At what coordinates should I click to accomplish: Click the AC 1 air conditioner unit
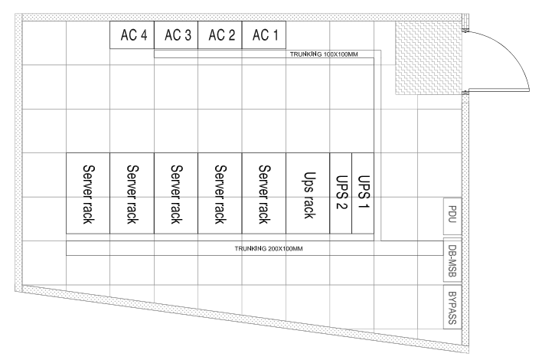[x=264, y=35]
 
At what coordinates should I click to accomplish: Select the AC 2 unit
[x=220, y=35]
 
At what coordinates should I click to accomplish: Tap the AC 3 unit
[x=176, y=35]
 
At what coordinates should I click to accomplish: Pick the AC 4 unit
[x=132, y=35]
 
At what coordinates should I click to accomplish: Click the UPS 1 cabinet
[x=363, y=193]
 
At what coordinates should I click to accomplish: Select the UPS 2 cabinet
[x=341, y=193]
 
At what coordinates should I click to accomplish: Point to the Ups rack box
[x=308, y=193]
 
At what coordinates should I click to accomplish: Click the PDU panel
[x=452, y=217]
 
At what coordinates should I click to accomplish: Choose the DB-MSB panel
[x=452, y=260]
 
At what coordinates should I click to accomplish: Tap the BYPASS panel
[x=452, y=307]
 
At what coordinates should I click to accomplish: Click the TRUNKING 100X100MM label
[x=324, y=54]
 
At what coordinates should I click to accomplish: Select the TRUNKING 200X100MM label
[x=269, y=249]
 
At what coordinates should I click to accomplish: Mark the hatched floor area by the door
[x=429, y=57]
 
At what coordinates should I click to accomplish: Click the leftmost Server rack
[x=88, y=193]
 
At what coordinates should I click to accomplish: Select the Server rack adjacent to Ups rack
[x=264, y=193]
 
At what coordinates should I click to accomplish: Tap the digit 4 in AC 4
[x=142, y=35]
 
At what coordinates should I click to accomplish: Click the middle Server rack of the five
[x=176, y=193]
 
